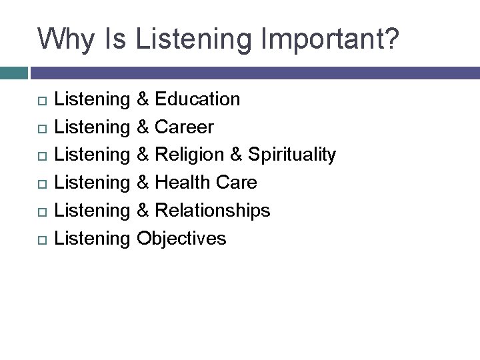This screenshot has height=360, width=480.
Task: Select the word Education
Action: click(197, 99)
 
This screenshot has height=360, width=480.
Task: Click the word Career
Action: click(184, 127)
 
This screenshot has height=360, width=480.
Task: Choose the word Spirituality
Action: click(292, 155)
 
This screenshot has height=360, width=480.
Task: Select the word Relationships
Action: click(212, 210)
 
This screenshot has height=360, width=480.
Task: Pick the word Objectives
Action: click(181, 238)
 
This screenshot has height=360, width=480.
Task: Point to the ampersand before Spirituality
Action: click(237, 155)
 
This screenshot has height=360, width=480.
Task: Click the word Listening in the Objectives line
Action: click(91, 238)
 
